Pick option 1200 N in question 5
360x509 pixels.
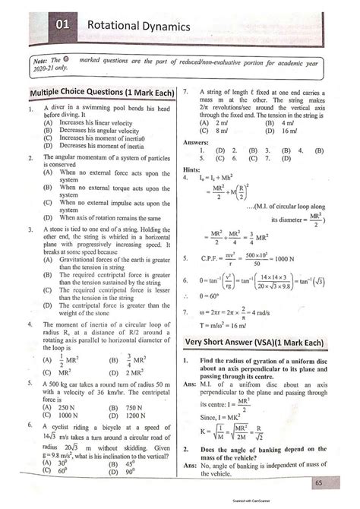pos(136,416)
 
